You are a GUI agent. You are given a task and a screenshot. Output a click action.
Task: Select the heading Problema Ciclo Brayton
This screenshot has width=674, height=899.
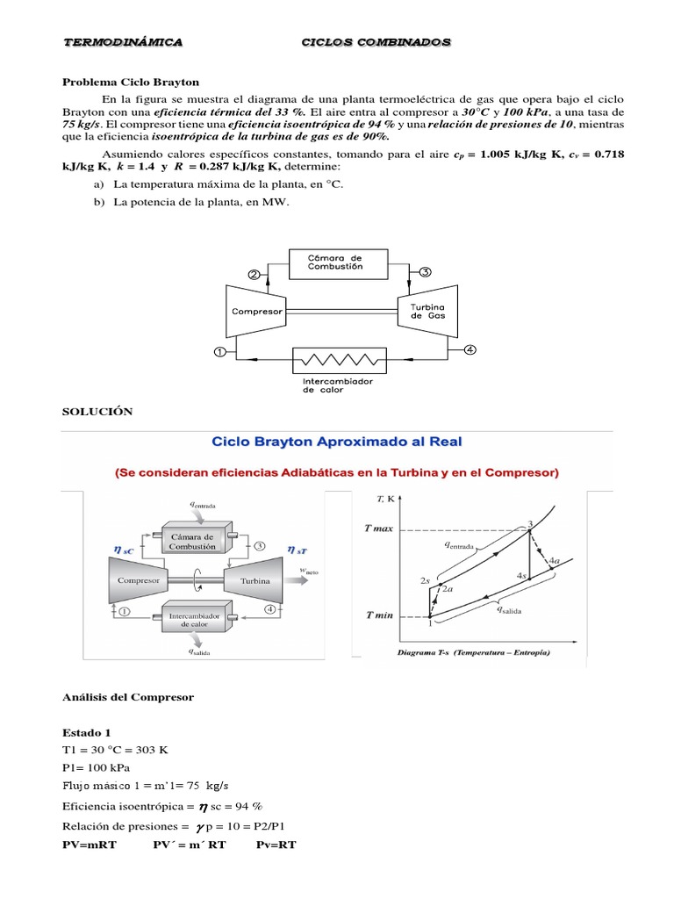pos(131,82)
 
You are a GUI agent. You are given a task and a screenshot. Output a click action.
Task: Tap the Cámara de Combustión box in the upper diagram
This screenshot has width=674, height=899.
pos(334,261)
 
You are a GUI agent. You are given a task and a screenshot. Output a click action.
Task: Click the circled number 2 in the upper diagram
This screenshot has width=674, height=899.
pos(254,274)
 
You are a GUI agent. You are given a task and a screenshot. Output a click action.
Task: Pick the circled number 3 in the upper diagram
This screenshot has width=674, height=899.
pos(425,273)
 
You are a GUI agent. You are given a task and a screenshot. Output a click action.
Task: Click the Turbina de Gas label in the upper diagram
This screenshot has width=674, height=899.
pos(427,312)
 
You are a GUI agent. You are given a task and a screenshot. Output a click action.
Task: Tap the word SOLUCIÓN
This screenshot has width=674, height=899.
pos(97,411)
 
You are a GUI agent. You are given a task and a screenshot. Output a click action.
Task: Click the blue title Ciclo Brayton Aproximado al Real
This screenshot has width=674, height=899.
pos(337,442)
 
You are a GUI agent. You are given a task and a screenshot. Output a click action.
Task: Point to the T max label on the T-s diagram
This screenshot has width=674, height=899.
pos(379,529)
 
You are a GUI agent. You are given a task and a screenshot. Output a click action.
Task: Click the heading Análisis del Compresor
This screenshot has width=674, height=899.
pos(128,697)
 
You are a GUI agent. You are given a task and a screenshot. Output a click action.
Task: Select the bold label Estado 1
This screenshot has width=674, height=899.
pos(87,731)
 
